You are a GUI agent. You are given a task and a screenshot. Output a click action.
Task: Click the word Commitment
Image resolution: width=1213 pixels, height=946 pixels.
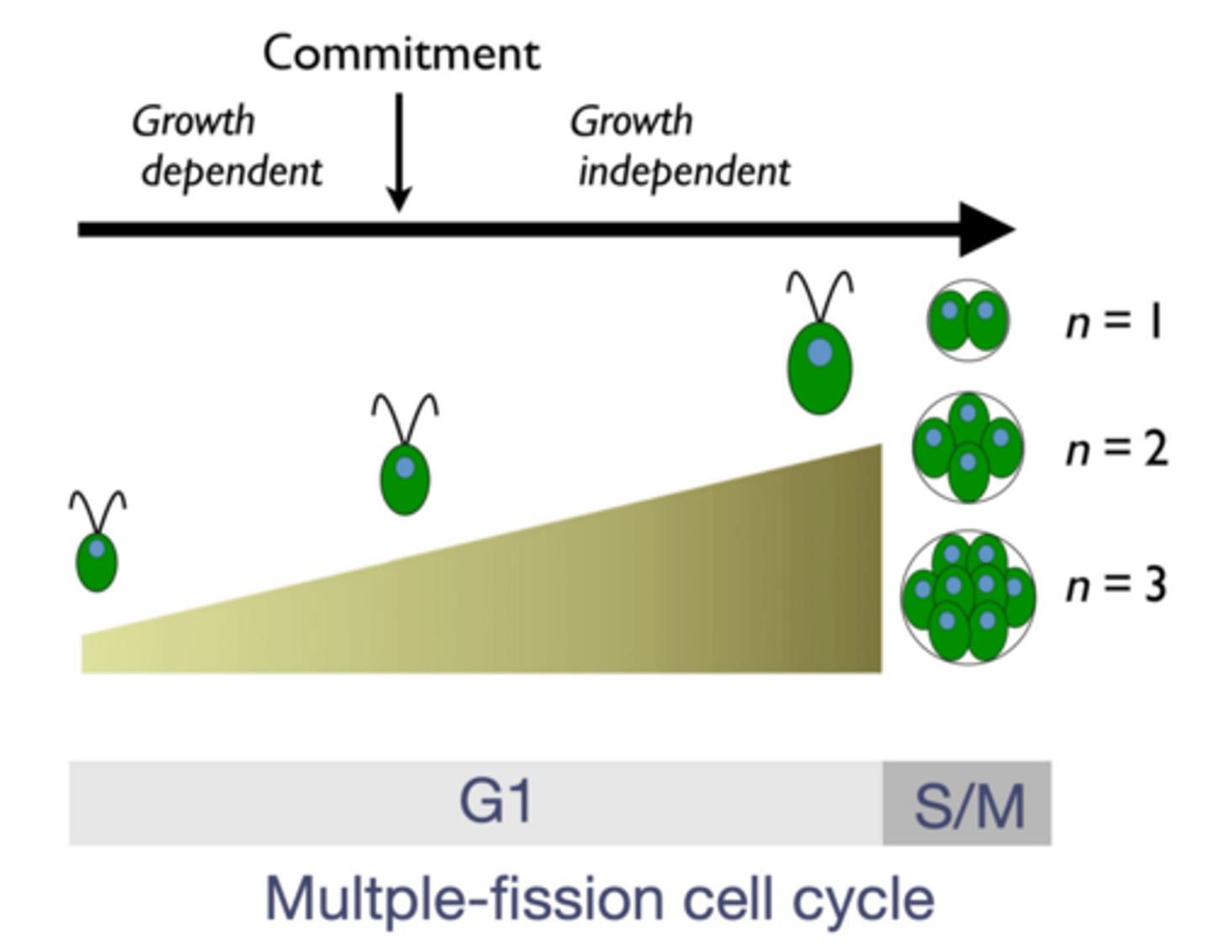tap(401, 55)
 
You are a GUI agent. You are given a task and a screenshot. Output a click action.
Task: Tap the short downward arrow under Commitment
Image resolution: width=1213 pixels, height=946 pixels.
tap(398, 152)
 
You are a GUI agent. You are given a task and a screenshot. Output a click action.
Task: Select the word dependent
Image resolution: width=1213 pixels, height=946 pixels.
tap(232, 173)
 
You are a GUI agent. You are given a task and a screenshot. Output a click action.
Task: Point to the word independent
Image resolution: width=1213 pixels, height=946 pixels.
tap(684, 173)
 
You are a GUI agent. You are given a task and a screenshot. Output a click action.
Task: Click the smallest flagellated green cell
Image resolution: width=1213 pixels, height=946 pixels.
tap(97, 561)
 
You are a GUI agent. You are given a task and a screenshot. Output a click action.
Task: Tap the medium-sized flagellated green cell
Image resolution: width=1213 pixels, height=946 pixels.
tap(405, 479)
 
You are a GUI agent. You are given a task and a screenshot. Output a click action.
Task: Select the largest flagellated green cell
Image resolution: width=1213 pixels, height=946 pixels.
tap(820, 366)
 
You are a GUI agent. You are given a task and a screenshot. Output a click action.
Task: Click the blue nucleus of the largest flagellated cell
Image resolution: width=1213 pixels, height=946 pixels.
tap(820, 351)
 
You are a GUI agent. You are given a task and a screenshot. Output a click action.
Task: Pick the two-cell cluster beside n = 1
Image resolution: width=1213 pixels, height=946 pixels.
tap(968, 321)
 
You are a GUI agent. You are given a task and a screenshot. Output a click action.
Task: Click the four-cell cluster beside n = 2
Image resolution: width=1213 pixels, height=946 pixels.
tap(968, 447)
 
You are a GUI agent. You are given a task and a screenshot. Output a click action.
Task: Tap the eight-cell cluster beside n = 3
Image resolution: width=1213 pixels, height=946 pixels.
tap(968, 596)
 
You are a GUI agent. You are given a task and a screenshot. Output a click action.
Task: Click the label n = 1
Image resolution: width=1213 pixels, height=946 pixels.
tap(1114, 322)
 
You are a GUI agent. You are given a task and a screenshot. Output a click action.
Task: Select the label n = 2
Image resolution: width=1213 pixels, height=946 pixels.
tap(1116, 449)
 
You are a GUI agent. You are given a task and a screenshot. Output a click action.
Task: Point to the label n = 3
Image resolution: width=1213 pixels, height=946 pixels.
tap(1116, 585)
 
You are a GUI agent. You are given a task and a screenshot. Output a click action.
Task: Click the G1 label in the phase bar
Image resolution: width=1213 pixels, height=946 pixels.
tap(495, 802)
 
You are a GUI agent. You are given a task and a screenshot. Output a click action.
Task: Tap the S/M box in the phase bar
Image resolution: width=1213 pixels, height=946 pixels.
tap(968, 804)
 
